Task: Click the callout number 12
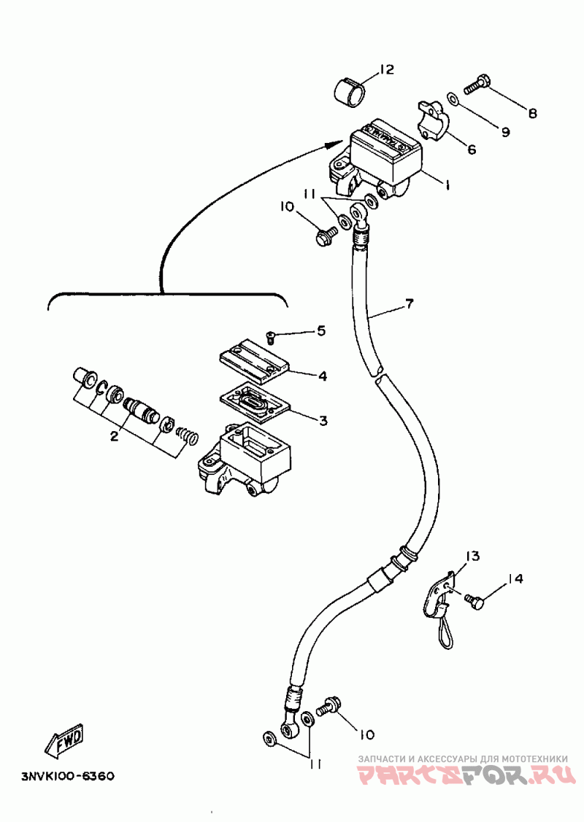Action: click(x=387, y=70)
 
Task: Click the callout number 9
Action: click(x=505, y=132)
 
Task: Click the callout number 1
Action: click(x=447, y=185)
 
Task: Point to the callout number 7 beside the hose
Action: click(x=410, y=303)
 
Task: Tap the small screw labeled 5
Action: click(x=272, y=338)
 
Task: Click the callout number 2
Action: click(x=115, y=435)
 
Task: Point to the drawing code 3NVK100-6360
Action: click(x=68, y=776)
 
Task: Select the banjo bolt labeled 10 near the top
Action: click(x=325, y=233)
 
